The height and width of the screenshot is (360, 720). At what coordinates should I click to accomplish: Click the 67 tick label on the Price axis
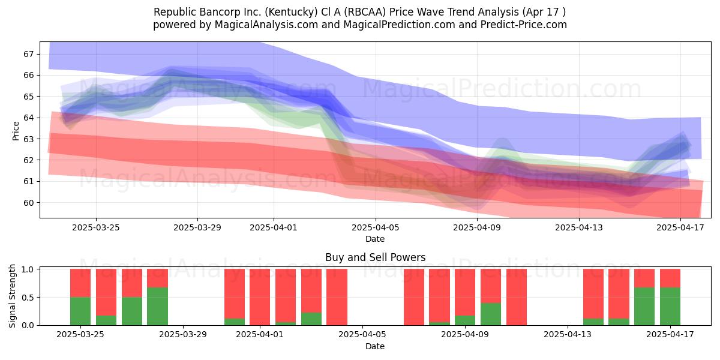point(28,54)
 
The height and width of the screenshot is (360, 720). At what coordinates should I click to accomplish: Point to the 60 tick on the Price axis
point(28,203)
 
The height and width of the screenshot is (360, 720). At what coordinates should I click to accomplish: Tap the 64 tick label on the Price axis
point(28,118)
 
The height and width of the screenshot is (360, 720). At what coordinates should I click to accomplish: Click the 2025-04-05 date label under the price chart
point(375,227)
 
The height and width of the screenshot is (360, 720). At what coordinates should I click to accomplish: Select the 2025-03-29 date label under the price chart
point(197,227)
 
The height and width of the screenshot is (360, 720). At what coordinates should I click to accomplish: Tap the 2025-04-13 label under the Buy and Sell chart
point(568,335)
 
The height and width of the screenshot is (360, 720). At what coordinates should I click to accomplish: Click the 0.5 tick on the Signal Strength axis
point(28,298)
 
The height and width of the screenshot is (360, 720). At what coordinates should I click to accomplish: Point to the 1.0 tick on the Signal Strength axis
point(28,269)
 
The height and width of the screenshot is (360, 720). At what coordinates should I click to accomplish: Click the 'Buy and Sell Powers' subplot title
point(375,257)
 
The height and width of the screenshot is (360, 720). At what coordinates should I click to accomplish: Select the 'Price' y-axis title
point(16,131)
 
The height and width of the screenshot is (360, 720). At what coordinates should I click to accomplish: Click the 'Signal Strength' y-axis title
point(12,296)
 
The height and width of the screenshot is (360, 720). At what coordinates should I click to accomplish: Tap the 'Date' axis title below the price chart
point(375,239)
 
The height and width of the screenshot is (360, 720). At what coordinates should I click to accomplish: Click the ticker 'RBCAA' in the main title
point(365,12)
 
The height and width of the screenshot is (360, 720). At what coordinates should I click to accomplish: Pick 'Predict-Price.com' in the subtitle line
point(524,25)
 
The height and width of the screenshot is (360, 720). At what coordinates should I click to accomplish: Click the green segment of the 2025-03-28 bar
point(157,307)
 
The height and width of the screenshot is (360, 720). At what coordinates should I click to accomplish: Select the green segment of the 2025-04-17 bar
point(670,307)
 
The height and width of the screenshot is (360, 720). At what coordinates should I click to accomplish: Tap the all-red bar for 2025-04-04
point(337,297)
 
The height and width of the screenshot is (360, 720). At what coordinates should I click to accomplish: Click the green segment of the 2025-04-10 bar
point(491,314)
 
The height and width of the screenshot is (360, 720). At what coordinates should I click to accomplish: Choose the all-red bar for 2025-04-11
point(517,297)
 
